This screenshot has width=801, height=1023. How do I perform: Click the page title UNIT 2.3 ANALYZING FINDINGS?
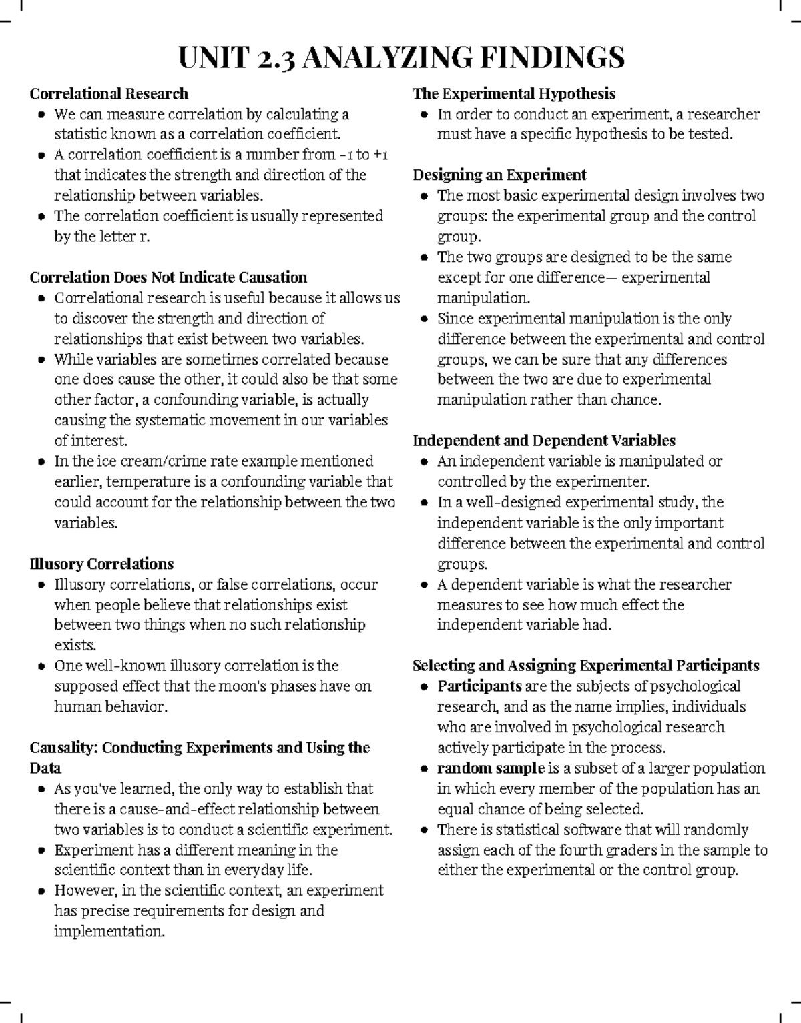click(x=400, y=57)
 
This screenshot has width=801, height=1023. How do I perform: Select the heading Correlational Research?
click(x=109, y=93)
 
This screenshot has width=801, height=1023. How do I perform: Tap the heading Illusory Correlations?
click(x=101, y=564)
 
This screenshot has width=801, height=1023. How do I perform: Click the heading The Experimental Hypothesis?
click(x=513, y=93)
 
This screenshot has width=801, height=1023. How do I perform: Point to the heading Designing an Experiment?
click(x=499, y=175)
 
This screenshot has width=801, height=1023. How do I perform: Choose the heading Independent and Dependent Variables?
click(x=543, y=441)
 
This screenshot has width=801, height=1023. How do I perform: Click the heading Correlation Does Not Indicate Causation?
click(x=168, y=277)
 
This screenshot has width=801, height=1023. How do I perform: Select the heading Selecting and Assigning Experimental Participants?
click(x=585, y=666)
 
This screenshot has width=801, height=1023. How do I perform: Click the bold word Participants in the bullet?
click(x=479, y=686)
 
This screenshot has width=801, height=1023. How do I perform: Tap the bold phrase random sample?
click(x=491, y=768)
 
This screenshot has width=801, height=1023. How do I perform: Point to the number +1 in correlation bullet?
click(x=380, y=155)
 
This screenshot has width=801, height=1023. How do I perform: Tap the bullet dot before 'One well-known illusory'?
click(x=42, y=666)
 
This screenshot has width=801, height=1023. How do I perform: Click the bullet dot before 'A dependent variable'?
click(x=425, y=585)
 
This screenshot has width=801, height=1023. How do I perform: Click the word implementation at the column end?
click(x=108, y=932)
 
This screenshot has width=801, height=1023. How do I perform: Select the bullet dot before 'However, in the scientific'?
click(x=42, y=891)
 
